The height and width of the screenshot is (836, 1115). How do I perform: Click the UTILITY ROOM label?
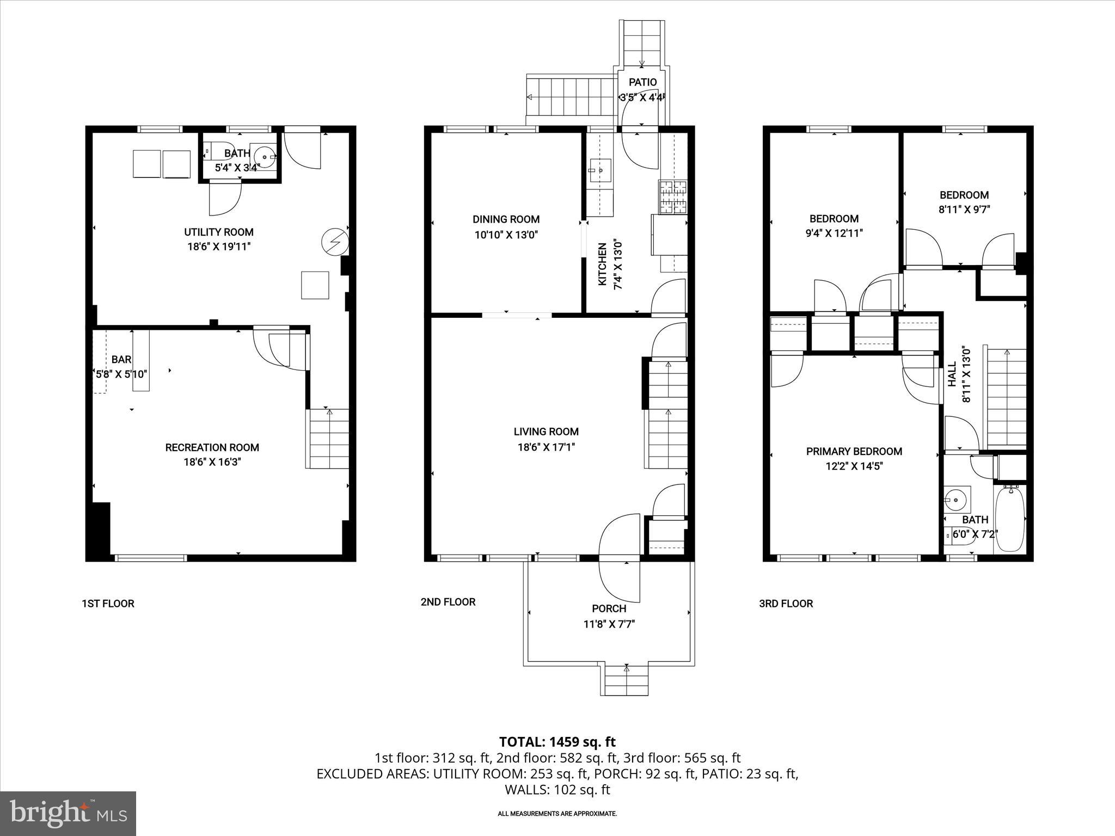pos(218,232)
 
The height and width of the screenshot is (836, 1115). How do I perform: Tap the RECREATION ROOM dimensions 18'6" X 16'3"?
pos(212,462)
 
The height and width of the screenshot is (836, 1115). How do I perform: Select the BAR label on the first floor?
pos(121,359)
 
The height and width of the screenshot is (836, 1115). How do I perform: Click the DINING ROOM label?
pos(506,219)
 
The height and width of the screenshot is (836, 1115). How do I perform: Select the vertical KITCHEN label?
pos(603,265)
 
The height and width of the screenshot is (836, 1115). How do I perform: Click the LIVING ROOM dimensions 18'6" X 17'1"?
pos(546,447)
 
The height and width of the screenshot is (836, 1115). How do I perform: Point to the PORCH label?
pos(609,608)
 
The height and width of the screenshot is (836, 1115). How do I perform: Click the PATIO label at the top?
pos(642,82)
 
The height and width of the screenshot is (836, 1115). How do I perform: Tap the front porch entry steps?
pos(626,681)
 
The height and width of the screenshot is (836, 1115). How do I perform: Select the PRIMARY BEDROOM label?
pos(854,451)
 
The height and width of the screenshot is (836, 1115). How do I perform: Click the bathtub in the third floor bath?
pos(1010,519)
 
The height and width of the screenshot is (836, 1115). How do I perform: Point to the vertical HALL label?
pos(952,374)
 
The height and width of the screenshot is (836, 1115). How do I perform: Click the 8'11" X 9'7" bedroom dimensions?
pos(964,210)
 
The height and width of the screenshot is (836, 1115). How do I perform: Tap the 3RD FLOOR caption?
pos(786,604)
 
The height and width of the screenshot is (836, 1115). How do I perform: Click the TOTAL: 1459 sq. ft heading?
pos(557,742)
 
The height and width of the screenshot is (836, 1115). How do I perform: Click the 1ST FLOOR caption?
pos(108,604)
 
